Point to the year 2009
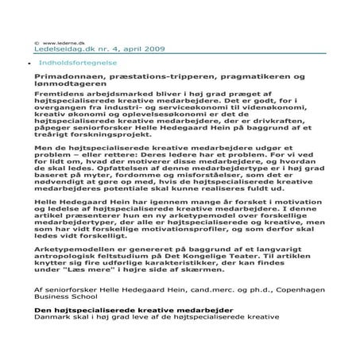tap(153, 49)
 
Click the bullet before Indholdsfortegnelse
tap(30, 62)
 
